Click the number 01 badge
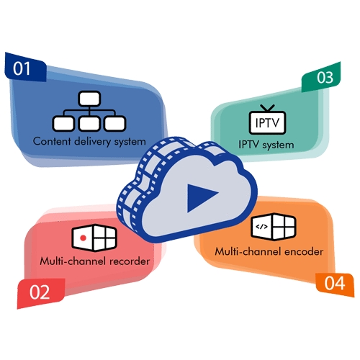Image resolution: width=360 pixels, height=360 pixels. click(x=23, y=70)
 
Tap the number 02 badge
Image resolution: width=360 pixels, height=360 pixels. click(x=40, y=292)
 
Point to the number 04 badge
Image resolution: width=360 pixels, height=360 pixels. click(x=335, y=283)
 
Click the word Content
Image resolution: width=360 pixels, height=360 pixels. click(x=52, y=141)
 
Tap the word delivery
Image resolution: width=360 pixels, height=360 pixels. click(x=93, y=141)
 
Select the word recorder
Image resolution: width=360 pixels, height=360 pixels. click(x=127, y=261)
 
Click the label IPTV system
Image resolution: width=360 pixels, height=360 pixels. click(x=266, y=145)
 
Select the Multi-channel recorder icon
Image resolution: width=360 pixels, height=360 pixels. click(x=94, y=237)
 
